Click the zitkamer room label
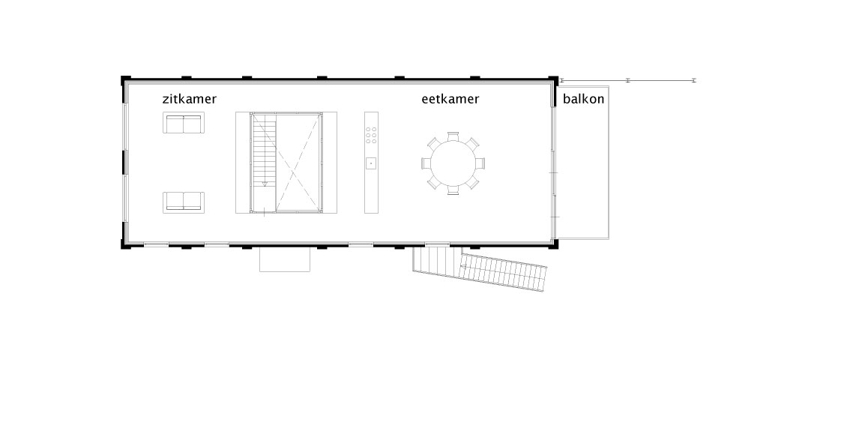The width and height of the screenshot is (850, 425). [x=189, y=99]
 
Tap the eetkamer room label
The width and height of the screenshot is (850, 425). [x=450, y=99]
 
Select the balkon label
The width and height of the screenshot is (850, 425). [x=583, y=99]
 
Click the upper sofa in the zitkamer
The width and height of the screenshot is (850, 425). [x=184, y=122]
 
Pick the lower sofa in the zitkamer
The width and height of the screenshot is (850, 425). [x=184, y=202]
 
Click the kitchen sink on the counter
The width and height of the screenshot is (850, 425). [x=371, y=163]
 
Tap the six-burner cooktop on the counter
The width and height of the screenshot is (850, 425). [x=371, y=135]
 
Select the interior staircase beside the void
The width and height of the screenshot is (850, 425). [x=264, y=163]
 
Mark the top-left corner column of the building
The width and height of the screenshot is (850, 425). [x=125, y=80]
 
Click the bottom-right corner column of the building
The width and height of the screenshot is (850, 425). [x=553, y=244]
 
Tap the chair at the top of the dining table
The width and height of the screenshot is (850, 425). [x=453, y=136]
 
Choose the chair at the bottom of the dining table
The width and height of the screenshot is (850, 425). [x=453, y=190]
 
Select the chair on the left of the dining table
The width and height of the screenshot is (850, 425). [x=426, y=163]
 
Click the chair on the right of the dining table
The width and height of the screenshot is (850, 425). [x=480, y=163]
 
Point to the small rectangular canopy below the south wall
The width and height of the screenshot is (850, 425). [x=285, y=259]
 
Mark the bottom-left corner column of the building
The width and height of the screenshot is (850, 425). [x=125, y=244]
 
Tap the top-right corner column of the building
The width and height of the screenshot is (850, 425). [x=553, y=80]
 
